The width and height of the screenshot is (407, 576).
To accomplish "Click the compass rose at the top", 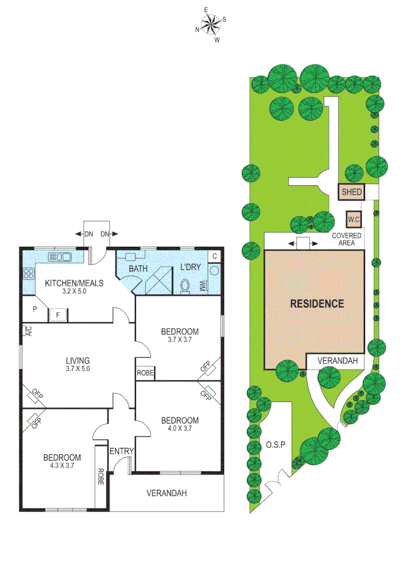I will [211, 25].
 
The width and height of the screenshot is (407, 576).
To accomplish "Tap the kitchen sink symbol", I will [60, 257].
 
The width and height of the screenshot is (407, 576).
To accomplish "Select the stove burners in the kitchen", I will [28, 274].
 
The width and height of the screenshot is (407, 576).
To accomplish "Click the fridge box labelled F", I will [58, 315].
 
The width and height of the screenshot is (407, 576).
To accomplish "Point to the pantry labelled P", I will [34, 309].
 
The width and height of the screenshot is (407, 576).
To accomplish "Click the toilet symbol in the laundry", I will [185, 286].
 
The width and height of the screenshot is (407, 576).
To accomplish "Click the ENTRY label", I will [121, 451].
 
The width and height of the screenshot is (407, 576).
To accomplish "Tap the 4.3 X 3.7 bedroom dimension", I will [62, 466].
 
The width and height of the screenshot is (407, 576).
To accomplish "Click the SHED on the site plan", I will [352, 192].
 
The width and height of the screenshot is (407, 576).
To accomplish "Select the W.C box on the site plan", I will [352, 219].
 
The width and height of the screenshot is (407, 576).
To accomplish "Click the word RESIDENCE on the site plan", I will [316, 304].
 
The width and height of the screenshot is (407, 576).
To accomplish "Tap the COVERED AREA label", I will [347, 239].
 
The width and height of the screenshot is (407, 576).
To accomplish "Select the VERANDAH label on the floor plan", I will [167, 493].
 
